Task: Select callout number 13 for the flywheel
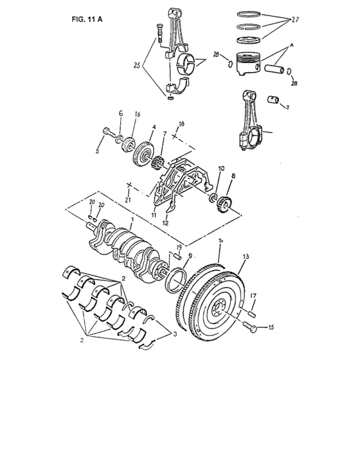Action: [x=244, y=256]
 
